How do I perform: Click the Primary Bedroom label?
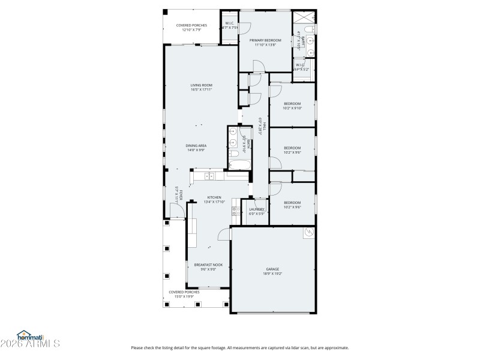265,40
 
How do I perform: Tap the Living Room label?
202,85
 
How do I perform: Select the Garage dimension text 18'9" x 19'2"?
273,274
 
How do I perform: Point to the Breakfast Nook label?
208,264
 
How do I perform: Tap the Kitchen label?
214,197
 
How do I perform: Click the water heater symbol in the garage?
310,232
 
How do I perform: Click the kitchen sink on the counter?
209,176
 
